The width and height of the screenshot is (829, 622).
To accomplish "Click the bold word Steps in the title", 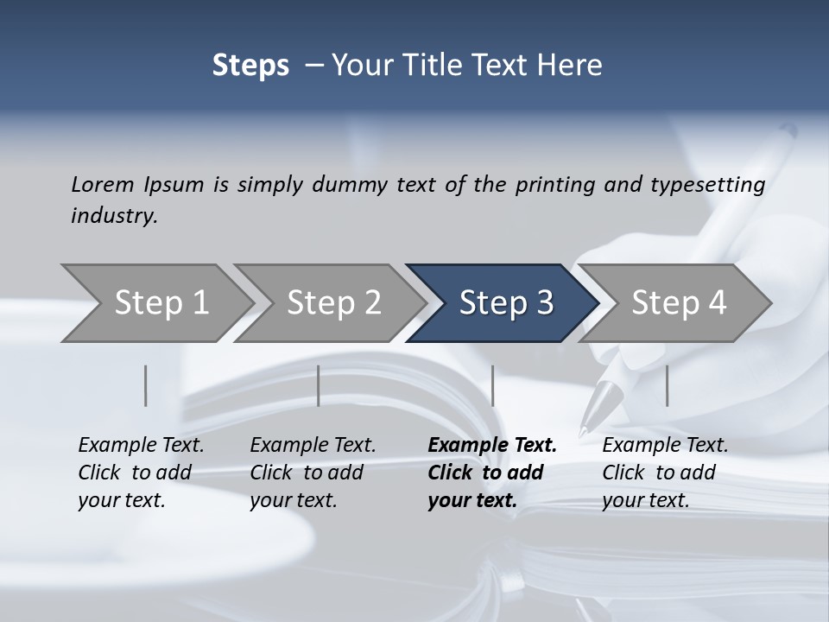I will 250,66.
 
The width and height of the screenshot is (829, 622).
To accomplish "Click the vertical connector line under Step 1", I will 146,385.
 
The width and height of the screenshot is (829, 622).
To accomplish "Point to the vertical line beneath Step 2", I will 319,385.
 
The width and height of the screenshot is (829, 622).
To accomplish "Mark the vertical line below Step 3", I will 493,385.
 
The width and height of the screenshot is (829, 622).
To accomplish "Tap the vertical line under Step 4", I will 668,385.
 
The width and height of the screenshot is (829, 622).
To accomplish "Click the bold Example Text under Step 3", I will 492,446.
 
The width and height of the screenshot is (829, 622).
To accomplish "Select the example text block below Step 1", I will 141,473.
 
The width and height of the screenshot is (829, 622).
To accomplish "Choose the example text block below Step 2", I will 313,473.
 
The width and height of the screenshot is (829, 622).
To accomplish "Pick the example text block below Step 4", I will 665,473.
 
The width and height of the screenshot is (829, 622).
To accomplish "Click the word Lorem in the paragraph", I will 103,185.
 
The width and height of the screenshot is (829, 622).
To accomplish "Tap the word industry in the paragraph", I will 114,216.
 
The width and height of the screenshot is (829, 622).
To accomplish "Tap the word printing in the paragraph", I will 554,185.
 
